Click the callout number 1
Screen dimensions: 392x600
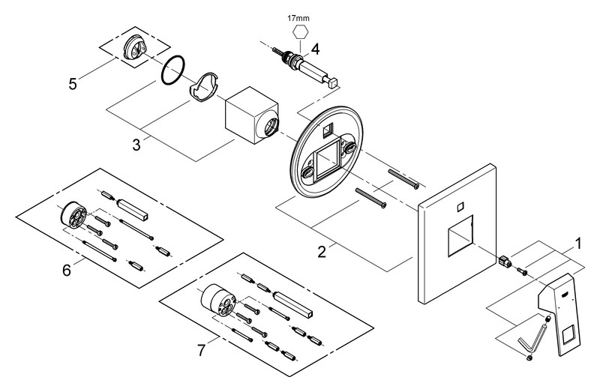tap(577, 243)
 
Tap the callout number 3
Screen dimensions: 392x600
tap(136, 143)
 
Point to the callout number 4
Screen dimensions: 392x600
tap(316, 49)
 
